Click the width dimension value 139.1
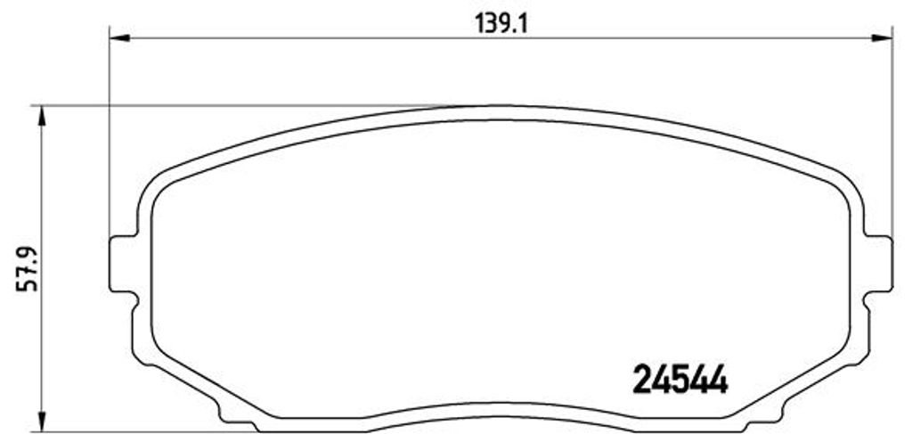pos(501,23)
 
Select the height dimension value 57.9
pos(27,269)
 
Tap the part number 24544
pos(680,380)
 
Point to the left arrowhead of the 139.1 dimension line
pos(119,38)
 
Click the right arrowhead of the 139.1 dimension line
pos(882,38)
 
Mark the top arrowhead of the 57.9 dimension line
pos(41,117)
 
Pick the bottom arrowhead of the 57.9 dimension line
pos(41,422)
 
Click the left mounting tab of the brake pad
pos(123,264)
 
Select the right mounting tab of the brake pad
pos(878,264)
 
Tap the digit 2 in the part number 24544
pos(641,380)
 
